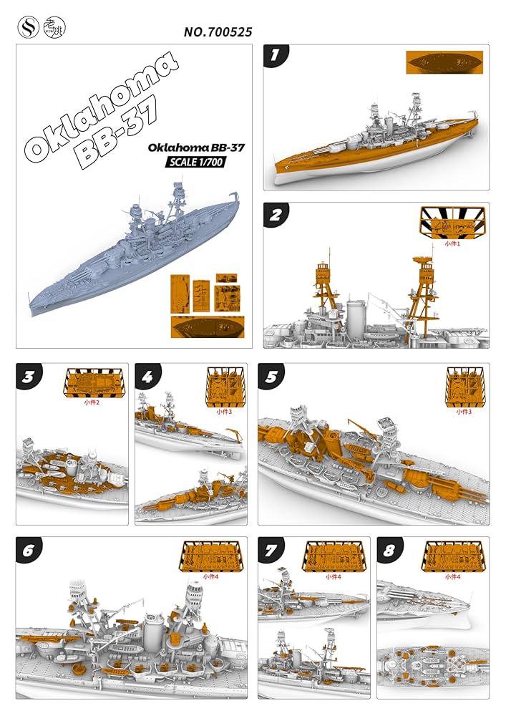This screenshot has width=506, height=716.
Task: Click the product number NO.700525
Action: click(218, 32)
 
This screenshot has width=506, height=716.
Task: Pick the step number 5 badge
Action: click(270, 374)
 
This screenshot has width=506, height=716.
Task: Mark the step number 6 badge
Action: click(29, 548)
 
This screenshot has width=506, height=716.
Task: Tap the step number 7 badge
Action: click(270, 548)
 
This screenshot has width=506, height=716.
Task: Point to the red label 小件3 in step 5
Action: click(464, 412)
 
